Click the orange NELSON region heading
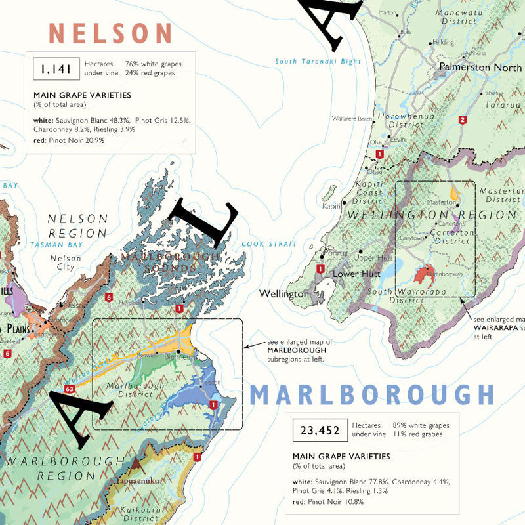click(111, 33)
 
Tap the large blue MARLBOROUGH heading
click(371, 395)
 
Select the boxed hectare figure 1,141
click(54, 68)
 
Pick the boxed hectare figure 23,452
click(320, 430)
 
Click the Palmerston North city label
click(480, 67)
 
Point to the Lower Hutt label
click(355, 272)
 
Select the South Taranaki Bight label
click(318, 62)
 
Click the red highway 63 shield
click(69, 390)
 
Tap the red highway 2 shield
click(463, 119)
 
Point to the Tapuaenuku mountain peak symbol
click(136, 465)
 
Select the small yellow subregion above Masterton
click(454, 193)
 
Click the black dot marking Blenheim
click(178, 352)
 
